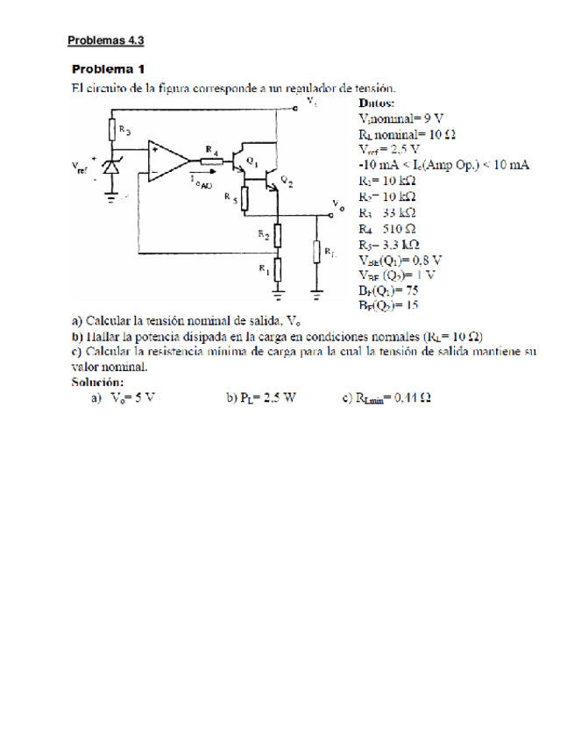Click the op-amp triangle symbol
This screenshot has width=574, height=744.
(x=167, y=161)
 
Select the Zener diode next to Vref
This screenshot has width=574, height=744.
(x=111, y=170)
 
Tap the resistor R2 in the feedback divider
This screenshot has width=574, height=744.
(x=278, y=235)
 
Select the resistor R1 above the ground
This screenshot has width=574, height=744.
(x=278, y=268)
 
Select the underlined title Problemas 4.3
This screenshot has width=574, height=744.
(x=106, y=39)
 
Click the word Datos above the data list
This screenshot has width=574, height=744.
(x=378, y=101)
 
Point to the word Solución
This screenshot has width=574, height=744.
(x=97, y=382)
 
